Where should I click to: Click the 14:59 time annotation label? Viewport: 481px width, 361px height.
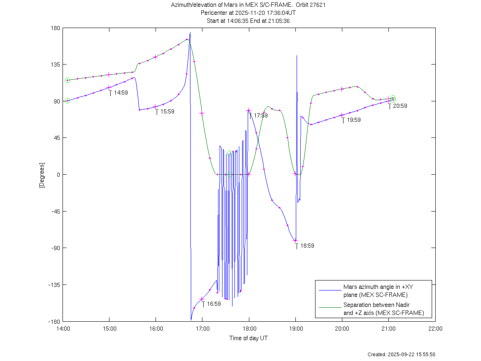coord(121,93)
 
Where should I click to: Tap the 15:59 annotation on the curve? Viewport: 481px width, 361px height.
coord(167,112)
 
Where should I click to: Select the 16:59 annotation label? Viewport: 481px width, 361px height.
coord(214,304)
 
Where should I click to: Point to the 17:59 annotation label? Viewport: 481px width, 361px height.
coord(261,115)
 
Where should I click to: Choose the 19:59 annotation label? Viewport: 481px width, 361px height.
coord(354,120)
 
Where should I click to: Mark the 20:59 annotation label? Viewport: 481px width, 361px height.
coord(400,106)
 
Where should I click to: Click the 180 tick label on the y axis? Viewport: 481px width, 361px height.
coord(55,28)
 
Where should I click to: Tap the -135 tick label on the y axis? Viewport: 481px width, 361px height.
coord(54,285)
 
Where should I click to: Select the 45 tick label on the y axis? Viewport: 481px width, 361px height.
coord(57,138)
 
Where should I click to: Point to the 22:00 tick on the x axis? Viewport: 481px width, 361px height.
coord(435,329)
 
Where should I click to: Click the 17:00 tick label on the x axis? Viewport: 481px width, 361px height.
coord(202,329)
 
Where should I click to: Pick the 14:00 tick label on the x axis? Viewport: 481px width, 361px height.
coord(63,329)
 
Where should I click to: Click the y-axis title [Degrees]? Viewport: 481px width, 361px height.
coord(41,175)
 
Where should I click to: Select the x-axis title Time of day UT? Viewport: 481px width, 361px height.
coord(249,338)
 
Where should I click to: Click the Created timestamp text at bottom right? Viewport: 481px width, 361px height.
coord(401,355)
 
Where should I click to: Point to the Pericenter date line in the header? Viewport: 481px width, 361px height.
coord(249,13)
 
